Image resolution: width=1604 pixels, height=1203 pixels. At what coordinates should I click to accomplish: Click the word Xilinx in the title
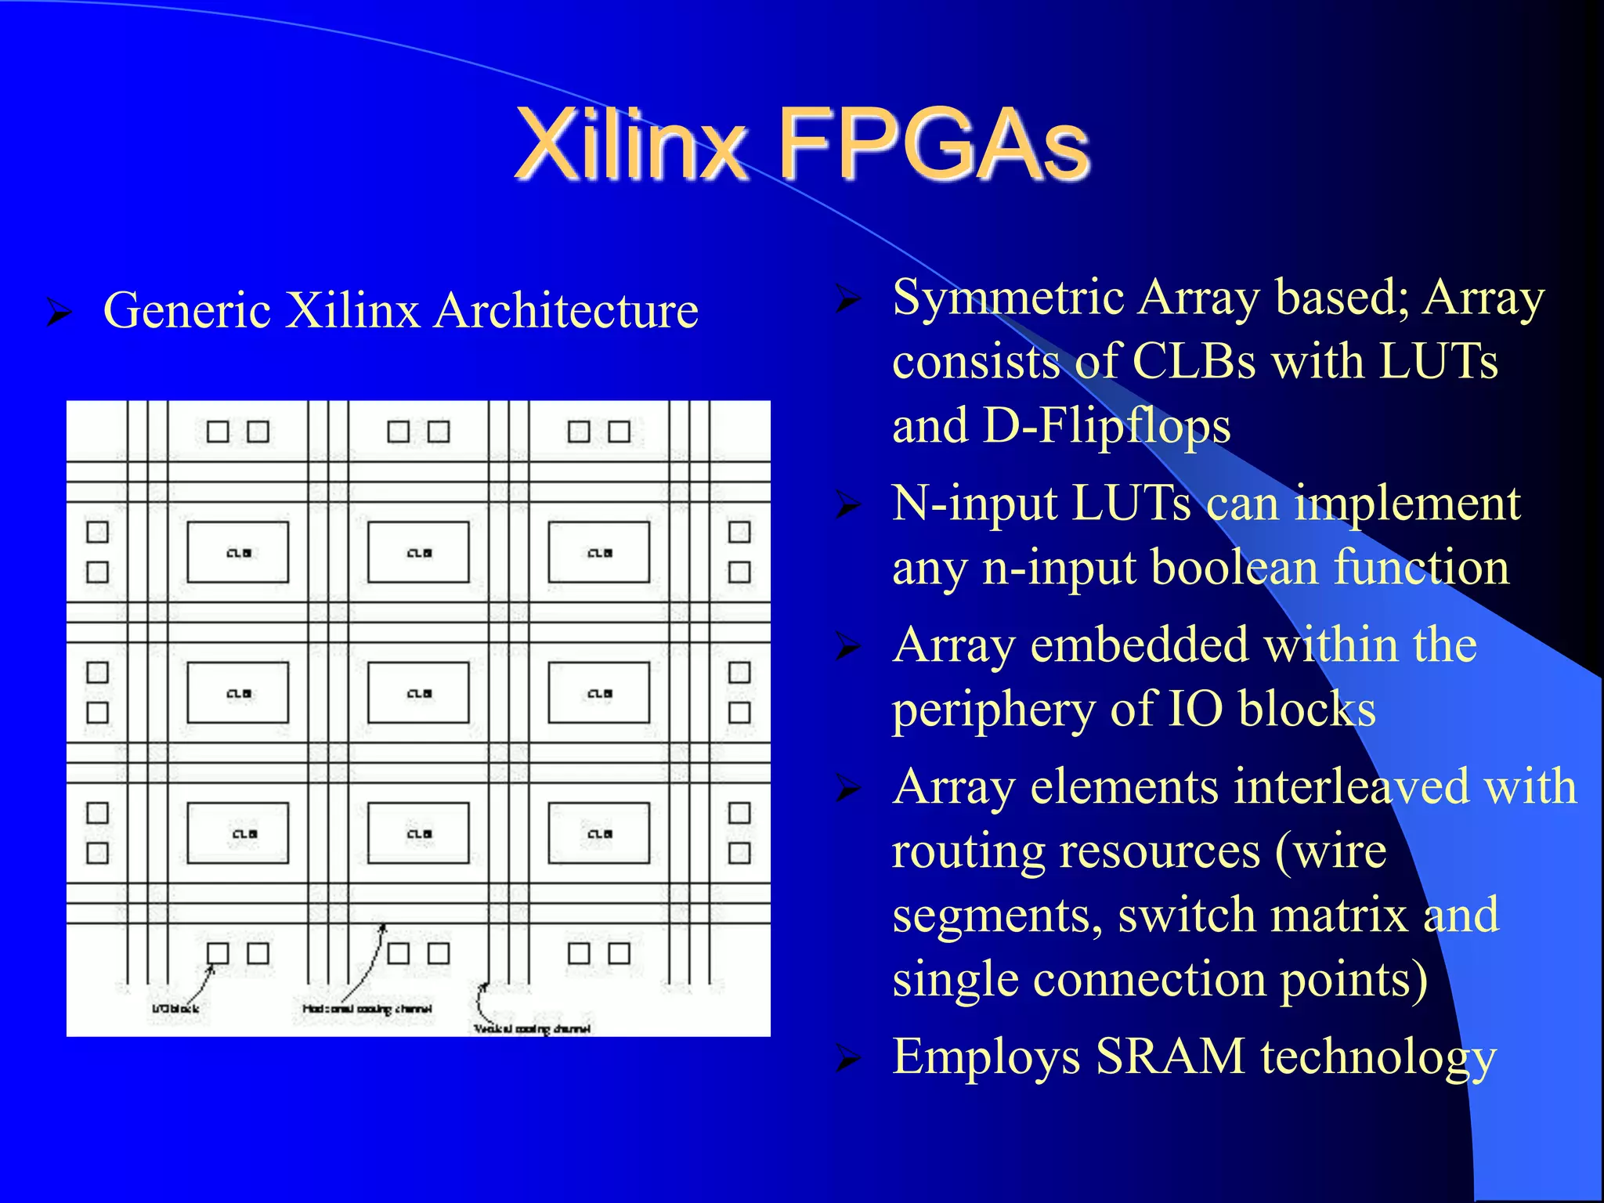coord(630,145)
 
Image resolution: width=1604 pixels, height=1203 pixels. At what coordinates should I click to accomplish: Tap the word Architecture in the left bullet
coord(565,310)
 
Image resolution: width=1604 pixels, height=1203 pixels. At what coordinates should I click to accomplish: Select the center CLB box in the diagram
coord(418,692)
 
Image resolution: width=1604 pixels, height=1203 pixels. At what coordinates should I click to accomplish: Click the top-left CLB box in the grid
coord(238,552)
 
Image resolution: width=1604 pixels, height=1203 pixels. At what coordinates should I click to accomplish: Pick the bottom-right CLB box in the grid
coord(599,833)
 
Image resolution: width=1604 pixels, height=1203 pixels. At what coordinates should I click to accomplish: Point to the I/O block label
coord(175,1009)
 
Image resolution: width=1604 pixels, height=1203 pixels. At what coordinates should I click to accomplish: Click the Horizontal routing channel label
coord(367,1009)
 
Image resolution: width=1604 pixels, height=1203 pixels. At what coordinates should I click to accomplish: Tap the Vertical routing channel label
coord(532,1028)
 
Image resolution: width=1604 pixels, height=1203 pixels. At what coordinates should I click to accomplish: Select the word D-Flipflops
coord(1107,426)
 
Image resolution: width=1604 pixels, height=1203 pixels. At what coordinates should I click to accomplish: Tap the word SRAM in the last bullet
coord(1170,1057)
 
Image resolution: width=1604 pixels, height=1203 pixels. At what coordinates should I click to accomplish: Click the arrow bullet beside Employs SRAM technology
coord(848,1058)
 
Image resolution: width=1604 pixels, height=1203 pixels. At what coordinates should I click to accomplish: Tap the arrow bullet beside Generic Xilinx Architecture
coord(60,312)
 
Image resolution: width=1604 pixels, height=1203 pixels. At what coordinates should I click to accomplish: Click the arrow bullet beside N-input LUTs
coord(848,505)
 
